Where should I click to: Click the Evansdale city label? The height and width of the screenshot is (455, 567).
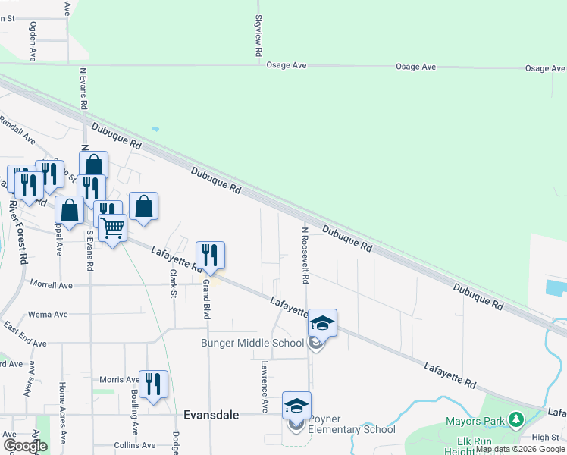[211, 415]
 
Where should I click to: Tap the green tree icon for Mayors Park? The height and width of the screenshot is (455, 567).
[516, 419]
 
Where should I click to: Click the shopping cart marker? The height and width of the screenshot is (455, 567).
[112, 227]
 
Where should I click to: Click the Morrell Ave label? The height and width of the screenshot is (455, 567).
[51, 285]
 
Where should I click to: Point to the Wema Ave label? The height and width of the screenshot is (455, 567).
[47, 314]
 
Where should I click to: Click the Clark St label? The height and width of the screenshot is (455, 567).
[174, 282]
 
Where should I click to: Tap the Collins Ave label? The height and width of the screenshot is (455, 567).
[134, 445]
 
